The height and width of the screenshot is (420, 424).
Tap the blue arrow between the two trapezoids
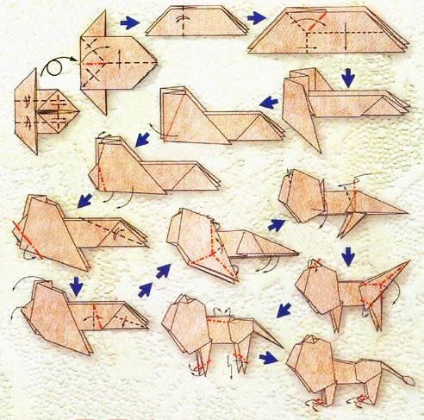click(255, 17)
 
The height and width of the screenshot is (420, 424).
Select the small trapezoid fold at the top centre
click(192, 21)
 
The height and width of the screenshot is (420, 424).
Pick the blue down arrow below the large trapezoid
click(347, 78)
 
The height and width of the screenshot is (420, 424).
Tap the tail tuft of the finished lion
click(408, 379)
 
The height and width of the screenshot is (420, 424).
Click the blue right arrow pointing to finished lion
click(269, 357)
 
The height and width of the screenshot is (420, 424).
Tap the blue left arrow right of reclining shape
click(270, 102)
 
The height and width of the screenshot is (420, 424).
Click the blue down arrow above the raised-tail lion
click(347, 255)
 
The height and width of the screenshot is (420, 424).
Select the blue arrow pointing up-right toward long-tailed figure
click(276, 225)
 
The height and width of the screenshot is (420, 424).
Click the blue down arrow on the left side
click(76, 284)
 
